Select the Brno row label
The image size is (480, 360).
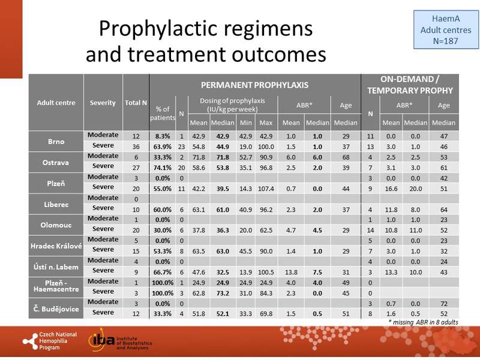click(x=57, y=142)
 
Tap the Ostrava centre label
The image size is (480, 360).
click(x=57, y=160)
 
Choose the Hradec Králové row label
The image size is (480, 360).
click(x=57, y=244)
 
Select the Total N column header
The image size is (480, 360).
click(x=136, y=103)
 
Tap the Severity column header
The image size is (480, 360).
click(x=103, y=103)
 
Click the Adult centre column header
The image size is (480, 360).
click(x=57, y=103)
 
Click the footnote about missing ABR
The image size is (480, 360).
click(x=424, y=322)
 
